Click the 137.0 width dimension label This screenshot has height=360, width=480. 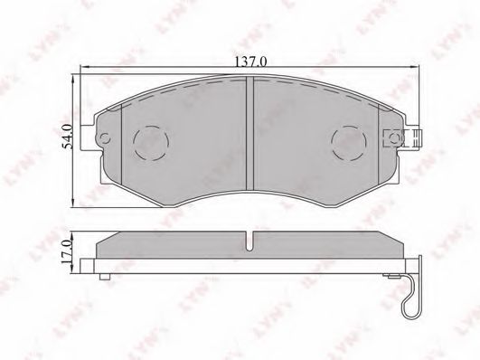point(250,62)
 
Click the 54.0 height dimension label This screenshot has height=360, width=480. point(68,137)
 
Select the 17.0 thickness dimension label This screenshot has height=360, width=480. point(66,252)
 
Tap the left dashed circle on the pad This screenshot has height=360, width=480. point(151,143)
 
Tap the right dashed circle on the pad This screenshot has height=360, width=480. point(349,143)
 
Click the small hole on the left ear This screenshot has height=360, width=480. point(106,138)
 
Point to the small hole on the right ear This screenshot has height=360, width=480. point(395,138)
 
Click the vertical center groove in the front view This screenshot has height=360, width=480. point(250,133)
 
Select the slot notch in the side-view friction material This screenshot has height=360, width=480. point(250,242)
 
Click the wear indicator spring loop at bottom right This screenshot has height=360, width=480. point(411,303)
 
